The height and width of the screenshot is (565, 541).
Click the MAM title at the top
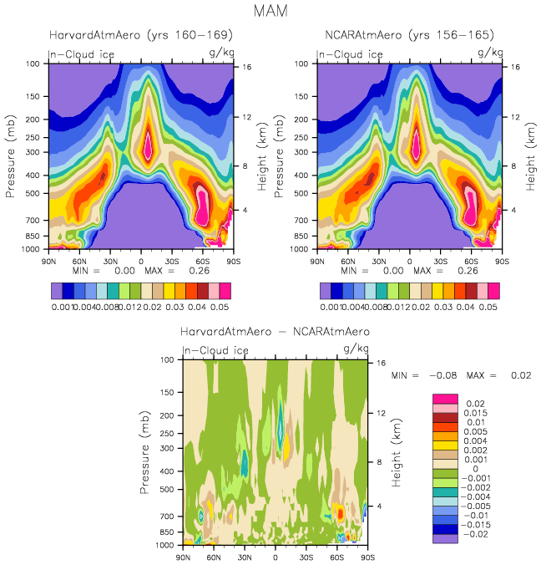(270, 11)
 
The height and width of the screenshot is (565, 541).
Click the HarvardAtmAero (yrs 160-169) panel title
(140, 36)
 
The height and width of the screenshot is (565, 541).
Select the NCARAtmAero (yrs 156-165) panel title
(409, 36)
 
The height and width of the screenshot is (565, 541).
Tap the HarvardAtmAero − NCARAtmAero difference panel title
(275, 332)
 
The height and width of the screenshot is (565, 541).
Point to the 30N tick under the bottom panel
(245, 557)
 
